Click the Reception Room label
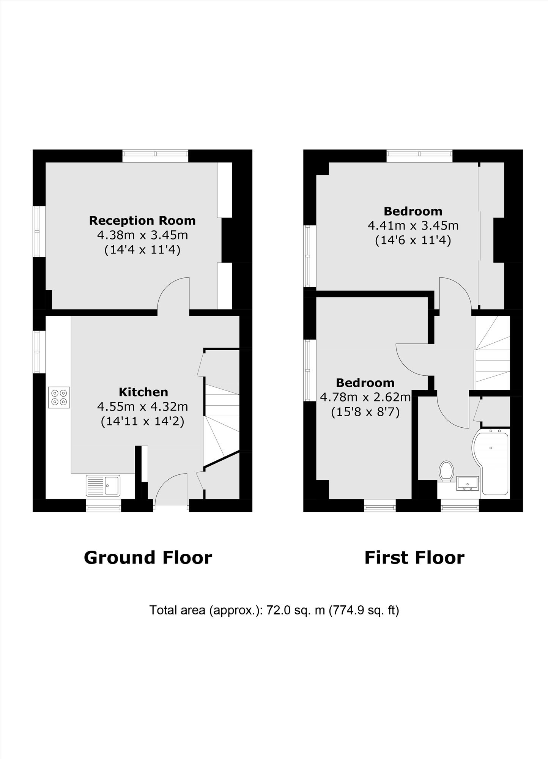[142, 220]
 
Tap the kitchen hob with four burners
[59, 397]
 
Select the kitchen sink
[103, 485]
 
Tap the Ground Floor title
[148, 558]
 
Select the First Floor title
[414, 558]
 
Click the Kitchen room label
[143, 392]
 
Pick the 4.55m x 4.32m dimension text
[143, 407]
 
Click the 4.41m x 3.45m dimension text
[413, 226]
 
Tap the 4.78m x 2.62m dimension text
[365, 397]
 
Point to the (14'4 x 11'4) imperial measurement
[142, 250]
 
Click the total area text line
[274, 610]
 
